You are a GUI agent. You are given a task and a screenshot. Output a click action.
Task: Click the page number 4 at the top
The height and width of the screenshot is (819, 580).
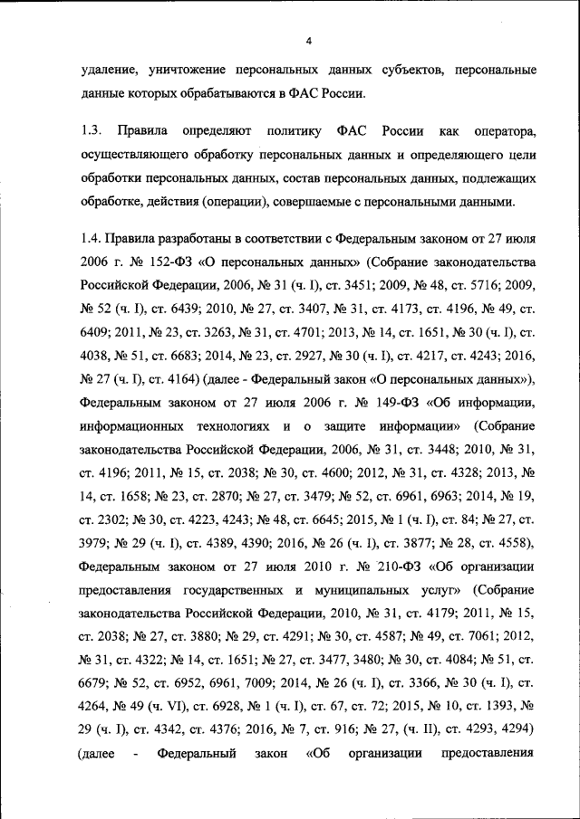(308, 42)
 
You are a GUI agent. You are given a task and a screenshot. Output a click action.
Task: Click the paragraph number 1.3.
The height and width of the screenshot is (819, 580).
(91, 132)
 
